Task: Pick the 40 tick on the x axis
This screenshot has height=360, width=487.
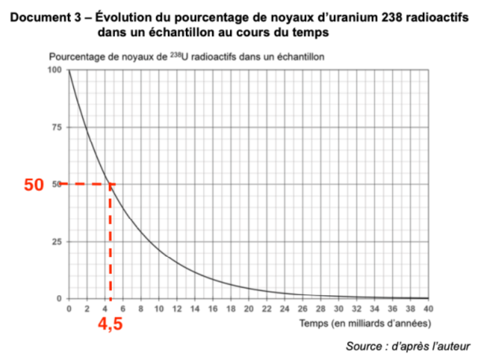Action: [428, 308]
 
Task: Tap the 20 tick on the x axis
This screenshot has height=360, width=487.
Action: [248, 308]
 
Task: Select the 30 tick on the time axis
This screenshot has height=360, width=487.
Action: [338, 308]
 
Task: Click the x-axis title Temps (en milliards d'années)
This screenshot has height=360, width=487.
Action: [364, 323]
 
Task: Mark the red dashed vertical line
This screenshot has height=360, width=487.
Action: [110, 242]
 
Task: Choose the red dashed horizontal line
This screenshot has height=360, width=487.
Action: [84, 184]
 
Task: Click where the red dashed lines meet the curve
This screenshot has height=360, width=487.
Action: [110, 184]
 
